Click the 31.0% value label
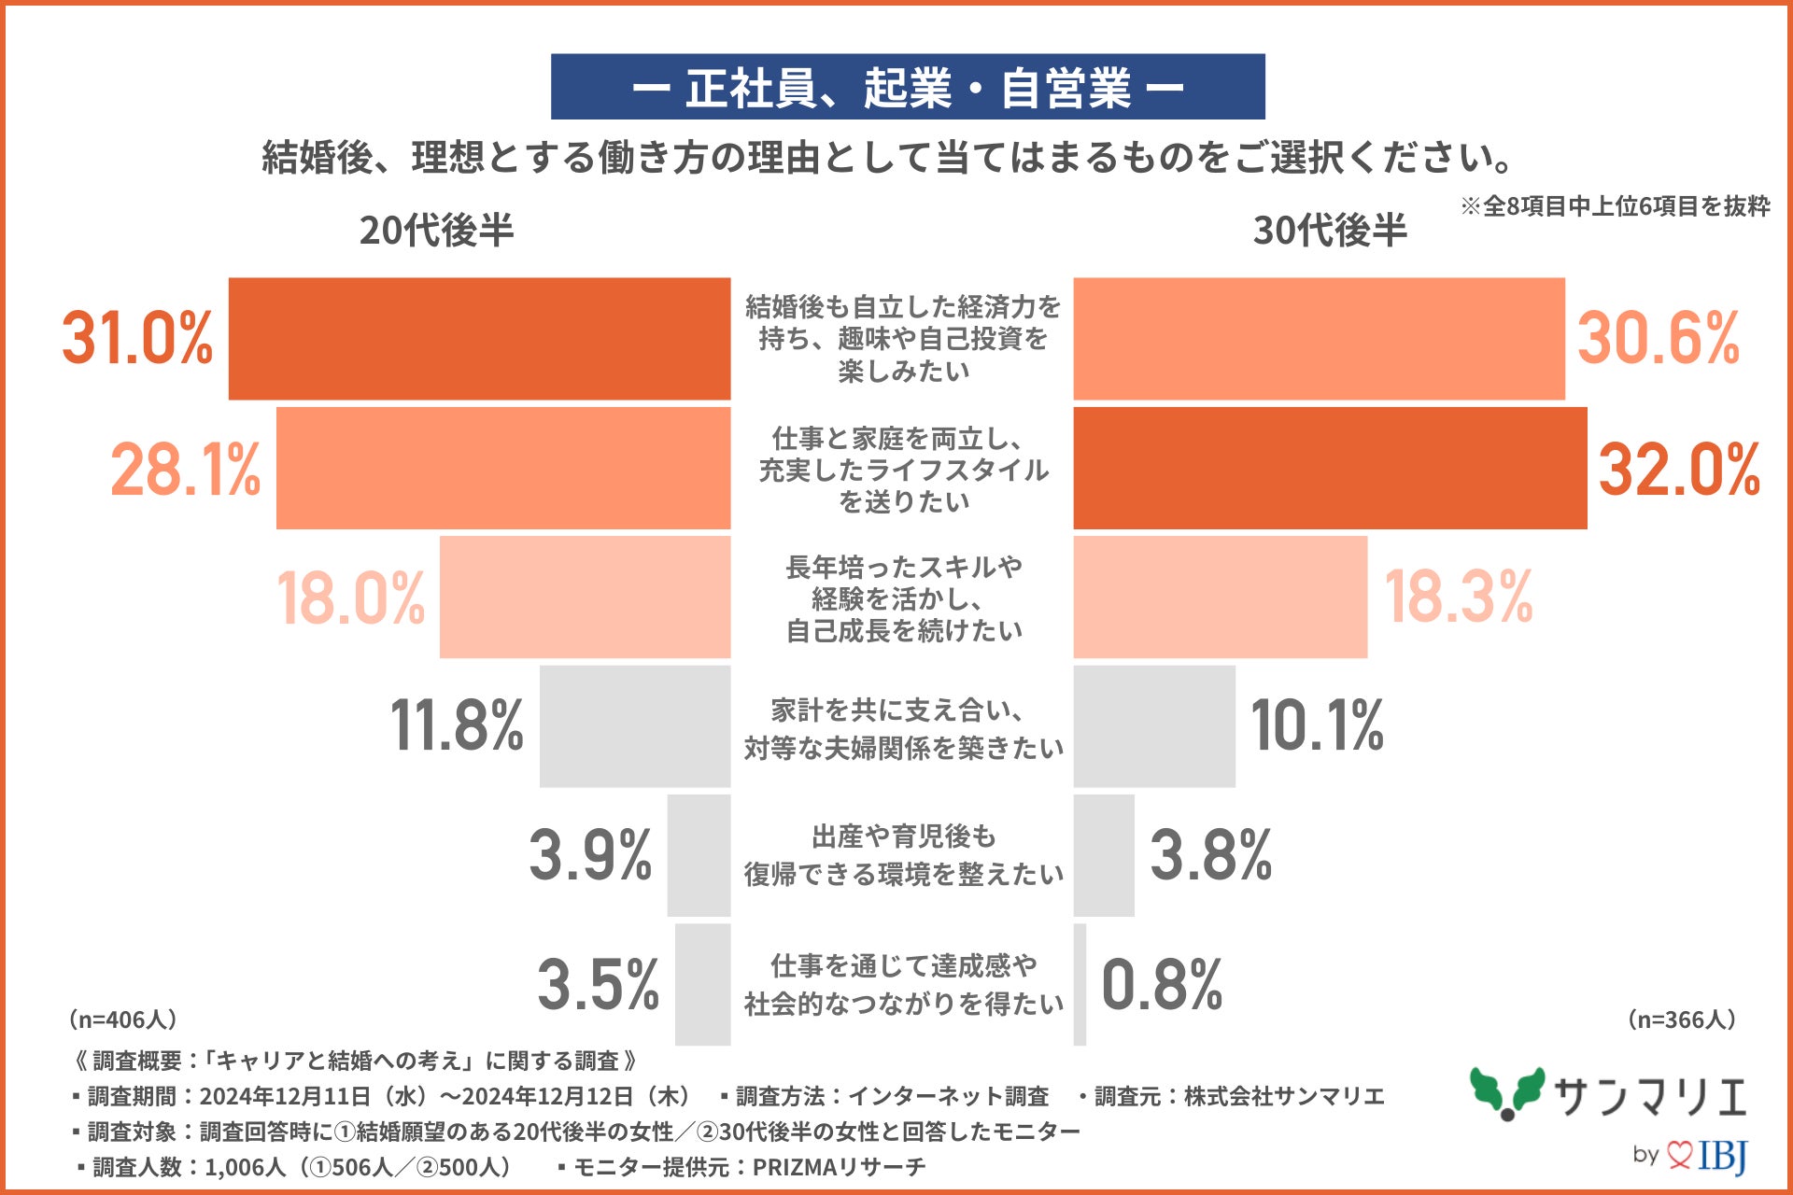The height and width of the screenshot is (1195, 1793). tap(137, 337)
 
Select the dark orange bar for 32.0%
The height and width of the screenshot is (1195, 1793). tap(1330, 468)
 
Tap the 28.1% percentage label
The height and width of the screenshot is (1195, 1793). tap(186, 469)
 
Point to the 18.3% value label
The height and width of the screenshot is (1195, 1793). tap(1458, 597)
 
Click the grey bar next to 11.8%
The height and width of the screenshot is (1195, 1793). tap(635, 725)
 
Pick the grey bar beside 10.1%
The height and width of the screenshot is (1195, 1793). tap(1154, 725)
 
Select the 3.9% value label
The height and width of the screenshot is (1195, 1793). tap(590, 854)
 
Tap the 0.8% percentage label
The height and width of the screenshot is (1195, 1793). tap(1162, 984)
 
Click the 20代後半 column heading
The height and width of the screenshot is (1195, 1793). tap(436, 231)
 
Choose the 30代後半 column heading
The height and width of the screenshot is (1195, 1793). tap(1330, 231)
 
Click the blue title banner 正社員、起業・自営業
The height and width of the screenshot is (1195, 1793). tap(908, 87)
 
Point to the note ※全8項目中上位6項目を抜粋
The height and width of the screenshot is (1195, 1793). tap(1616, 206)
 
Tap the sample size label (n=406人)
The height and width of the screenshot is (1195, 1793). tap(123, 1019)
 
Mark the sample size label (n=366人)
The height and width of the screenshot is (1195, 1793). tap(1681, 1019)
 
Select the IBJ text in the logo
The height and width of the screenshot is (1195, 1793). tap(1723, 1156)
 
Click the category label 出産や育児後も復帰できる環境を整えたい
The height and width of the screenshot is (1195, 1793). tap(903, 855)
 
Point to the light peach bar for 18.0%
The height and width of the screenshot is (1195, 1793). tap(585, 597)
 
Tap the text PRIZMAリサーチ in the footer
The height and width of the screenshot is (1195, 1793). tap(839, 1167)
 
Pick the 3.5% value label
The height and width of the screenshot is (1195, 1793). tap(598, 984)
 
